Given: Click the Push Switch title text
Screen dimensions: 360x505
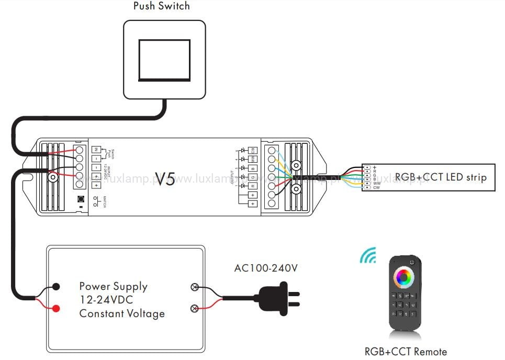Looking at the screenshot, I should (x=162, y=7).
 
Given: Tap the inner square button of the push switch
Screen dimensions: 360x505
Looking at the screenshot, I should (x=164, y=58).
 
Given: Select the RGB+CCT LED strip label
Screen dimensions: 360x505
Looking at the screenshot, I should (x=441, y=177).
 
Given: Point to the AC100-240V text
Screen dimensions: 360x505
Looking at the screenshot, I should (x=266, y=268).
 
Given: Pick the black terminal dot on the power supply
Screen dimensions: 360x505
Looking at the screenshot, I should (x=56, y=287).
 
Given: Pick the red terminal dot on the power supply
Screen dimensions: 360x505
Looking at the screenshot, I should (x=56, y=308).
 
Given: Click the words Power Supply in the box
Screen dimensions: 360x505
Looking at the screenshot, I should (x=113, y=286).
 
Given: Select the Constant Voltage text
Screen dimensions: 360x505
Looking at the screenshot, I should (x=122, y=313).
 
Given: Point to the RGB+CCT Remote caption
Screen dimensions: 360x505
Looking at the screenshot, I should (x=406, y=352).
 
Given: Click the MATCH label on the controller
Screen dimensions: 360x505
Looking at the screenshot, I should (x=105, y=201).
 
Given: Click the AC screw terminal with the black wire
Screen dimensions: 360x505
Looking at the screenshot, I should (x=195, y=287).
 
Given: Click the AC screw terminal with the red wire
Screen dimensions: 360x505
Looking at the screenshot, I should (x=195, y=308).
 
